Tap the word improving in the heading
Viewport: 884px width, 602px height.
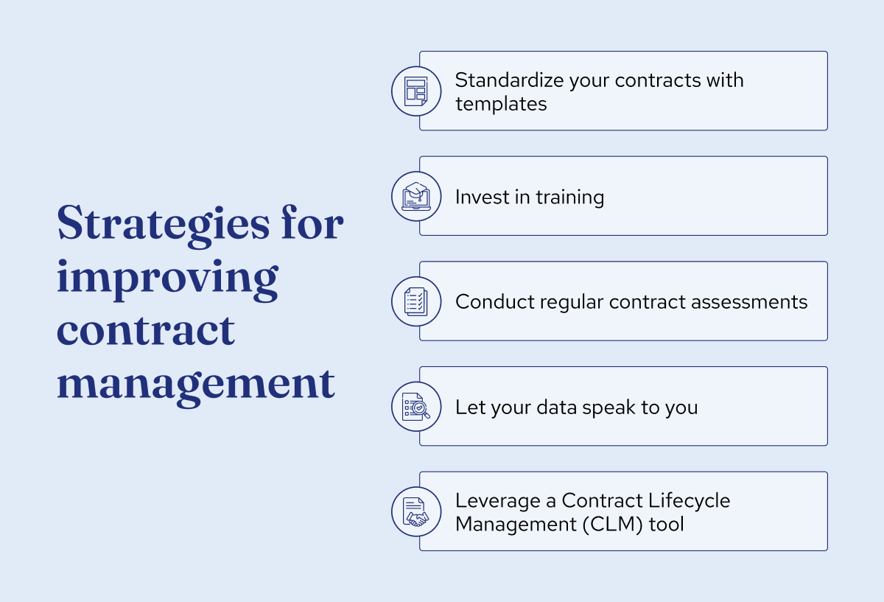coord(167,279)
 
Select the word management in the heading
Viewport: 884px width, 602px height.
coord(195,383)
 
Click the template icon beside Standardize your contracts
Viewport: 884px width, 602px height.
coord(416,91)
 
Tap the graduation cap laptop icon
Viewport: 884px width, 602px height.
coord(416,196)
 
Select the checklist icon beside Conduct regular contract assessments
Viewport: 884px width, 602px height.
coord(416,301)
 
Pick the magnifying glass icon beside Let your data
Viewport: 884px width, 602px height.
coord(416,407)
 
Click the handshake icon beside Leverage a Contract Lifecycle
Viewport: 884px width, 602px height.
coord(416,512)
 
